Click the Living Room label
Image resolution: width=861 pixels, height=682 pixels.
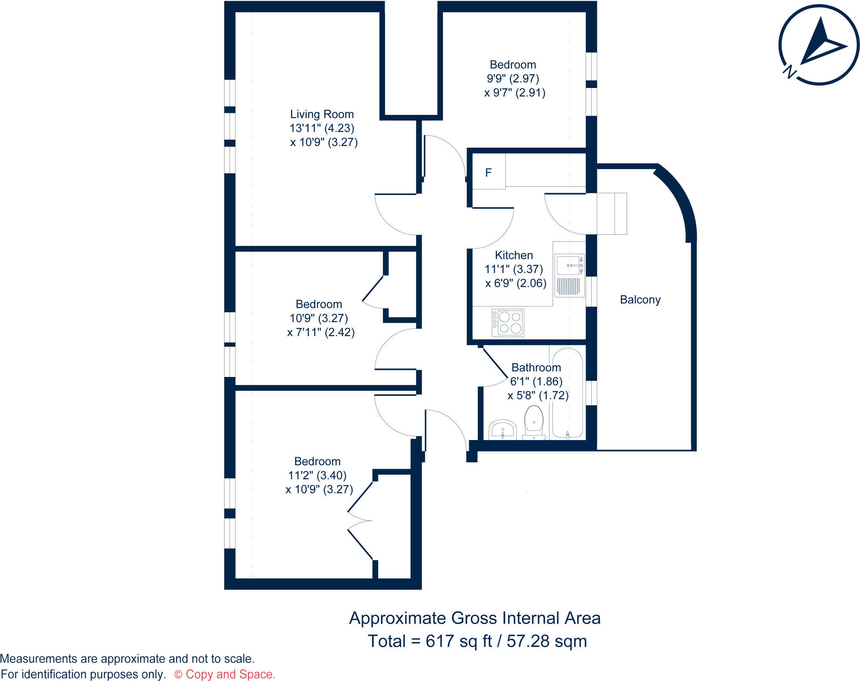coord(322,114)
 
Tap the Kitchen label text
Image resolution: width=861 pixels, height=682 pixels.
coord(514,255)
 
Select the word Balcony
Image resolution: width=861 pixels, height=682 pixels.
coord(640,300)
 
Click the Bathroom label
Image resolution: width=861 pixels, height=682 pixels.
coord(536,368)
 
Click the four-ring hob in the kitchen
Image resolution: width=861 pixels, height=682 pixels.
coord(508,323)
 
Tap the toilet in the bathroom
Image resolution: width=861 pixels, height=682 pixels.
coord(534,422)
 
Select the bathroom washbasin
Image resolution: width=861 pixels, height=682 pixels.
coord(502,429)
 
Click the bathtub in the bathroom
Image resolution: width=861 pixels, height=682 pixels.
coord(568,393)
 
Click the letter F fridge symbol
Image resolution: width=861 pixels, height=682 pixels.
coord(489,172)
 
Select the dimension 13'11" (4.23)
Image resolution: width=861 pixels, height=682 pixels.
coord(322,128)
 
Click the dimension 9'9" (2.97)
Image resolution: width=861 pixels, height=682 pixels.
coord(513,79)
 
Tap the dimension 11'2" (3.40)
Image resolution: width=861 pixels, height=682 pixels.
coord(317,475)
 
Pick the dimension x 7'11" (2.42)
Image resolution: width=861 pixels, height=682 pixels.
coord(321,332)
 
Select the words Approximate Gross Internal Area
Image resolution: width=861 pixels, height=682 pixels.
coord(475,618)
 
